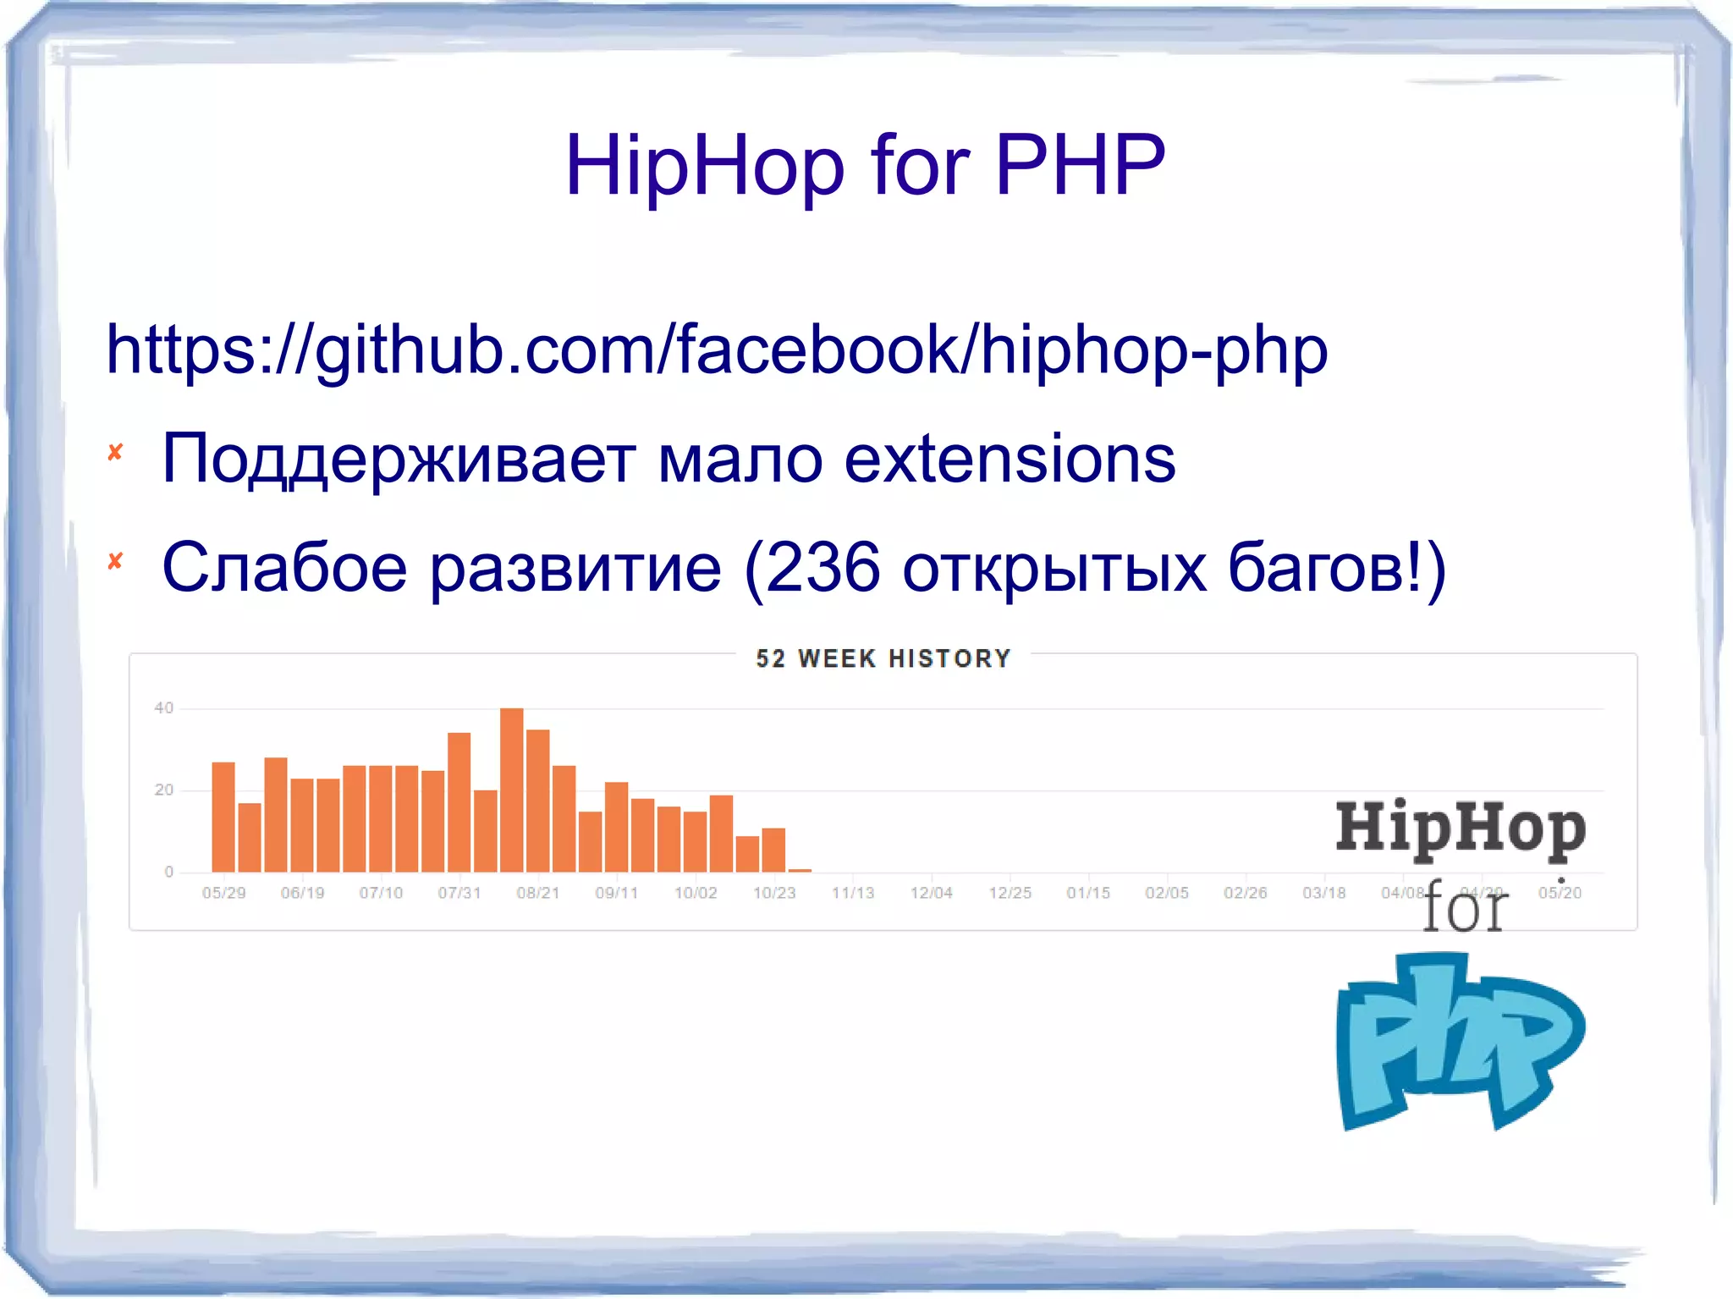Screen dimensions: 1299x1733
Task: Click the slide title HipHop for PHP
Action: coord(865,166)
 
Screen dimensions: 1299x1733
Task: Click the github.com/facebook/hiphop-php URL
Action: coord(716,350)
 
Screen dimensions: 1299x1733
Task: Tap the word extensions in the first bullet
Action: coord(1010,460)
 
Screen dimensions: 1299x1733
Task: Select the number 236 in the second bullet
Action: coord(822,568)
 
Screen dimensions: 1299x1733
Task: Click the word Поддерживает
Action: coord(399,460)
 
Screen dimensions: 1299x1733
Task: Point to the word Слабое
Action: coord(284,568)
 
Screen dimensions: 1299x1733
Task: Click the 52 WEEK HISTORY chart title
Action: coord(883,658)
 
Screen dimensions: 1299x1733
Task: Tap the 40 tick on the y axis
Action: coord(163,708)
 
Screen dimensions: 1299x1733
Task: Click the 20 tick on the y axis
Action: coord(163,790)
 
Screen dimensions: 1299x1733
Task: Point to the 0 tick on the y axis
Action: coord(168,872)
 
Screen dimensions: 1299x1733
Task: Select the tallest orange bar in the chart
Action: coord(511,790)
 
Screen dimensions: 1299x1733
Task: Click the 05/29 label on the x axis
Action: coord(223,893)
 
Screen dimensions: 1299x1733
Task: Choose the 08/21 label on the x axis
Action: coord(538,893)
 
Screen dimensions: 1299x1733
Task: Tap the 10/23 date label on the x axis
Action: coord(774,893)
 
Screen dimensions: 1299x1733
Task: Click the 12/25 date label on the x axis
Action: coord(1010,893)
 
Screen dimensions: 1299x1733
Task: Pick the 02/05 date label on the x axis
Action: coord(1167,893)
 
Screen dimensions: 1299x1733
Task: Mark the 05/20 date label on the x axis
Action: coord(1560,893)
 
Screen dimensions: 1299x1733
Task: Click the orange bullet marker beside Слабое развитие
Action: coord(116,561)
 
